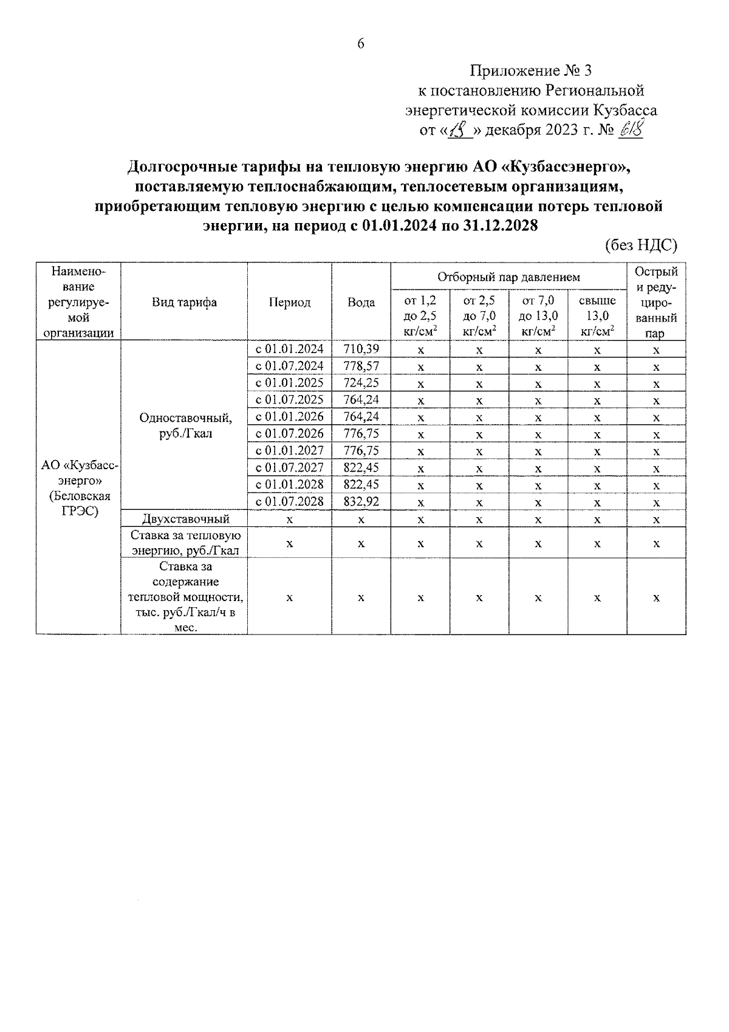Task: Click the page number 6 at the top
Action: click(361, 44)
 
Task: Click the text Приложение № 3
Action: click(530, 71)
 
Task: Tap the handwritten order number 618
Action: click(630, 129)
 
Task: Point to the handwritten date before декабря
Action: click(460, 130)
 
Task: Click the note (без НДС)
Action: click(640, 245)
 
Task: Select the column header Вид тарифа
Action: click(184, 302)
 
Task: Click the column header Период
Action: click(289, 302)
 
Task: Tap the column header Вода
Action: click(361, 302)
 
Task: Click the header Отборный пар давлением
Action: click(508, 277)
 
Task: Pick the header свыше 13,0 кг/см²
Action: click(597, 315)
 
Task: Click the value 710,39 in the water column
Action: click(361, 349)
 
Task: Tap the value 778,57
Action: click(361, 366)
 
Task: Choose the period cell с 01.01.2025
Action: click(289, 383)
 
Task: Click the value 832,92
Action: click(361, 502)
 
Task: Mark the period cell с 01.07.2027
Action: click(289, 467)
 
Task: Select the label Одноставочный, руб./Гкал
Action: click(185, 425)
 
